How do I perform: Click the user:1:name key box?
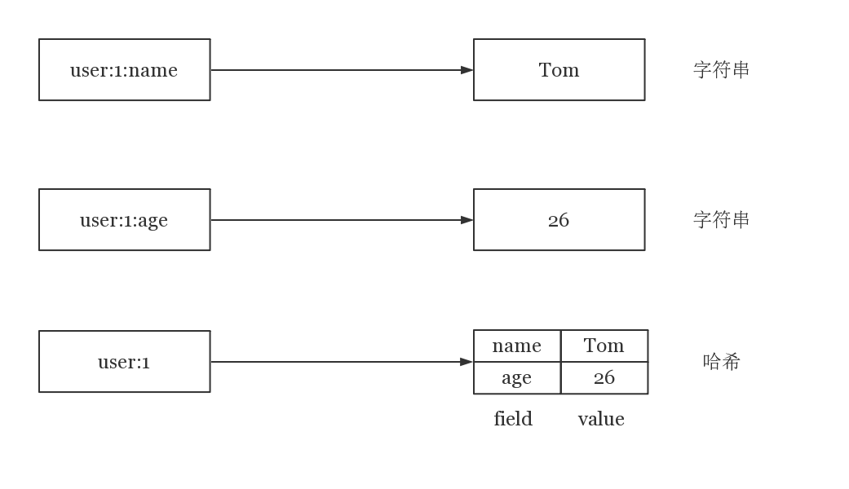click(125, 70)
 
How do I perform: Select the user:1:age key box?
click(125, 219)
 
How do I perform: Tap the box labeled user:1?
click(125, 361)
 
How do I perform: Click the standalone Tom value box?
click(559, 70)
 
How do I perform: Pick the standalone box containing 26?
click(559, 219)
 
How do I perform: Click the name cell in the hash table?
click(517, 346)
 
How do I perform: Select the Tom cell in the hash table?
click(604, 346)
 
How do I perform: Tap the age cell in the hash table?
click(517, 377)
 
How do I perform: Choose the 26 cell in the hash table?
click(604, 377)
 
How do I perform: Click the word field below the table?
click(513, 419)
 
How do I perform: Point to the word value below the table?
click(601, 419)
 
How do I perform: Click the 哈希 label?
click(721, 361)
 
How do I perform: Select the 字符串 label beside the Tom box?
click(721, 70)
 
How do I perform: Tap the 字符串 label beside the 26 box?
click(721, 219)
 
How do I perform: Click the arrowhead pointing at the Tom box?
click(467, 70)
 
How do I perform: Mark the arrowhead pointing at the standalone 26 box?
click(467, 219)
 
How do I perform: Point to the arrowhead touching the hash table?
click(467, 361)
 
